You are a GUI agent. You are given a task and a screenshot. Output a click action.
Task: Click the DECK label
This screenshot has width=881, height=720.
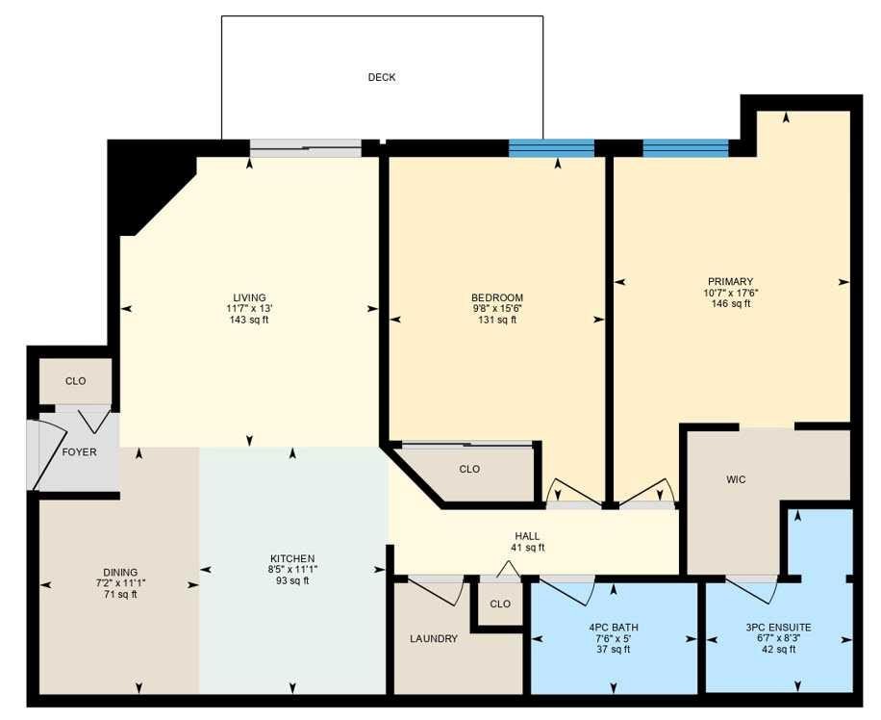click(382, 77)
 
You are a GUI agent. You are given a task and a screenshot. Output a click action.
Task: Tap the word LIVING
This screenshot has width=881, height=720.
click(249, 297)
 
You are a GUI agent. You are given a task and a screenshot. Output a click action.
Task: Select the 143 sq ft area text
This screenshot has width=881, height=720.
click(249, 321)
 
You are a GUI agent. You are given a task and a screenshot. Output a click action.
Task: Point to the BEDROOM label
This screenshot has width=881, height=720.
click(497, 297)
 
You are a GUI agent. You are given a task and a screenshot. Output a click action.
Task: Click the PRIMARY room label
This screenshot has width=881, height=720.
click(730, 281)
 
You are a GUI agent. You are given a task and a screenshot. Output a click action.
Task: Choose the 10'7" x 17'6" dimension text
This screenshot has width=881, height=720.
click(730, 293)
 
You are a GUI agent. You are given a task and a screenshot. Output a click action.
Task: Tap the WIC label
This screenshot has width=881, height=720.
click(736, 479)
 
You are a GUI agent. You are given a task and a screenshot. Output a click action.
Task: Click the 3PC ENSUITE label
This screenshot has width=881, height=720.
click(778, 628)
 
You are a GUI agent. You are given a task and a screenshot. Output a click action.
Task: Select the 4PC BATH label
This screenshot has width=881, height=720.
click(613, 628)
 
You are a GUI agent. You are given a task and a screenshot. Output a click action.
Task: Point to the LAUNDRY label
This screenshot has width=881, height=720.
click(433, 638)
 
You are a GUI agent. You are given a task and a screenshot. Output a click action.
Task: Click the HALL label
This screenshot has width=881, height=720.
click(527, 536)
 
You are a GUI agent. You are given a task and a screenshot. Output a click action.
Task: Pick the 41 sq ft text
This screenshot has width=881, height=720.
click(527, 548)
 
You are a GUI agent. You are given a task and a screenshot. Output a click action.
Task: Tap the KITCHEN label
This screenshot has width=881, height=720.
click(292, 558)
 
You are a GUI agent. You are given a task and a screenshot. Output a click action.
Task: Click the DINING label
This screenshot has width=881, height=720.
click(120, 573)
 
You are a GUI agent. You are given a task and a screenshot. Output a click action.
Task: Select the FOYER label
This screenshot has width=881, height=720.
click(79, 452)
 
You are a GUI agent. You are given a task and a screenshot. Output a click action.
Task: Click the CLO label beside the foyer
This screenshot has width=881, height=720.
click(75, 381)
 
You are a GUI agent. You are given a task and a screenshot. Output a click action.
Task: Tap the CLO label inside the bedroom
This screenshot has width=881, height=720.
click(469, 469)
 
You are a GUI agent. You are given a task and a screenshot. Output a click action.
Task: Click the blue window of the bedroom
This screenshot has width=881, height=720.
click(551, 148)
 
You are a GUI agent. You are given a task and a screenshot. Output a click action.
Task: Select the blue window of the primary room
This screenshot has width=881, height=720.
click(686, 148)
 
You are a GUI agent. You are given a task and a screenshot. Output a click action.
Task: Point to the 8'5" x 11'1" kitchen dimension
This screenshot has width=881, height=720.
click(292, 570)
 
